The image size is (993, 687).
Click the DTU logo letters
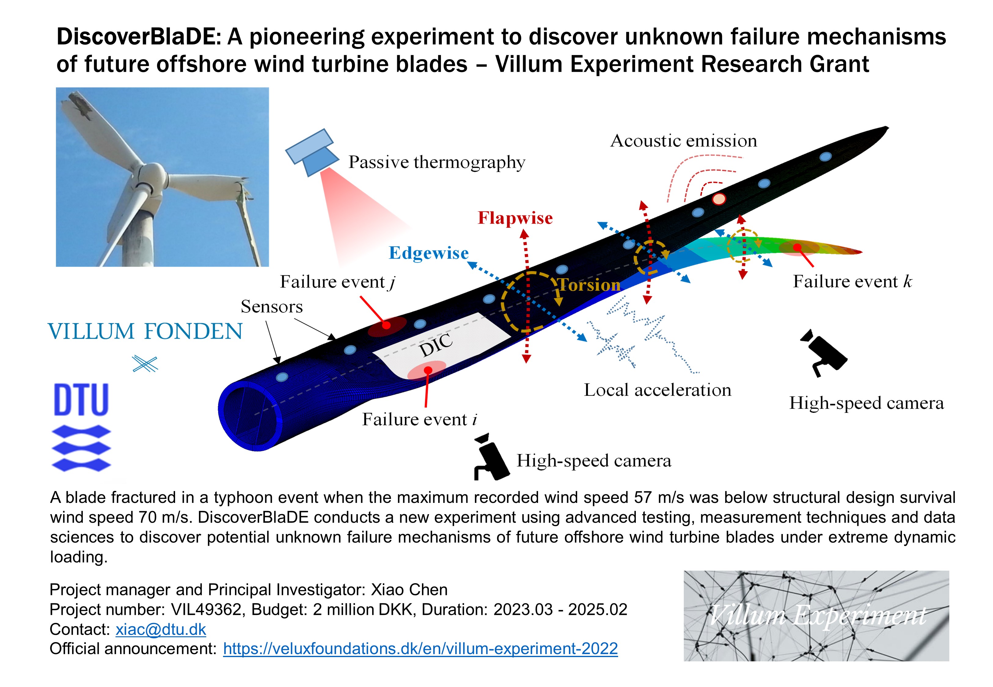coord(81,400)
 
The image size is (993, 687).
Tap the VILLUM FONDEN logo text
coord(145,332)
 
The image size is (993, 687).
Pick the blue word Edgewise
coord(428,253)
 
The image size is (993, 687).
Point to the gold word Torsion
coord(589,285)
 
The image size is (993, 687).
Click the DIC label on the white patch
coord(436,345)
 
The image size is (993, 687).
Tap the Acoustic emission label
coord(683,141)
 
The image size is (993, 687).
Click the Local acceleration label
coord(657,390)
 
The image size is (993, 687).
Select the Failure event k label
coord(852,282)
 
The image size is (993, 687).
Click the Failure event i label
coord(419,419)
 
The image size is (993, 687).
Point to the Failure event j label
coord(337,282)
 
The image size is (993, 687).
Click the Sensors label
coord(271,307)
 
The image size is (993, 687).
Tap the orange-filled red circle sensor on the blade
coord(719,199)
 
